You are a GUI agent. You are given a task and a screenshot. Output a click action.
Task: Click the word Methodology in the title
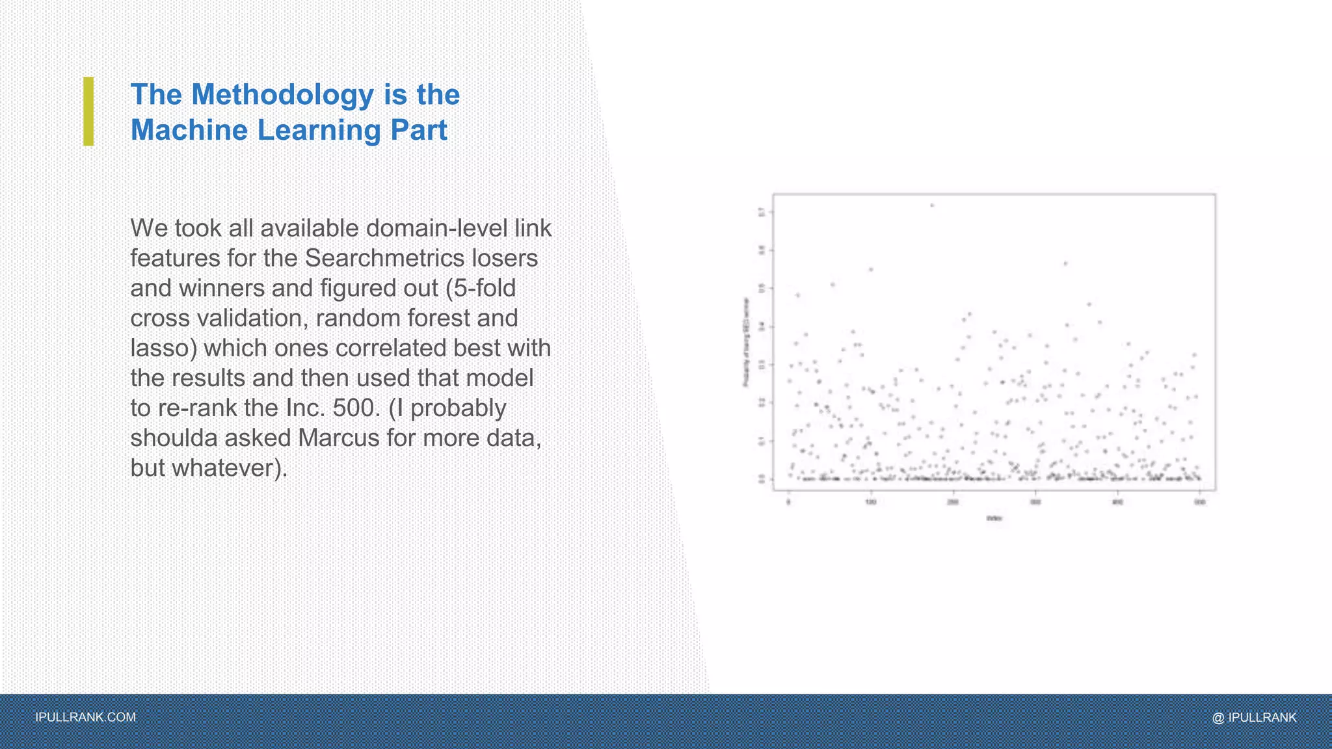(282, 95)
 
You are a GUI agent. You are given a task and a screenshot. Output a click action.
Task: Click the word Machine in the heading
(189, 130)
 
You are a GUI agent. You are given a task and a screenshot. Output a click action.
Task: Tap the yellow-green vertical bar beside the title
(88, 111)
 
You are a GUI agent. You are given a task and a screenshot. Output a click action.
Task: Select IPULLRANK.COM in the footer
(85, 717)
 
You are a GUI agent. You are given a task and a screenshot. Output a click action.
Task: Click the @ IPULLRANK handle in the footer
(1254, 717)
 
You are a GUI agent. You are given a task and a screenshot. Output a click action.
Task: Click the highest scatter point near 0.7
(932, 205)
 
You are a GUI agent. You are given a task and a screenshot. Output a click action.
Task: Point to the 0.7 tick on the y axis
(762, 212)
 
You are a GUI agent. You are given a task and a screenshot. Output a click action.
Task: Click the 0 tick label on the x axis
(789, 502)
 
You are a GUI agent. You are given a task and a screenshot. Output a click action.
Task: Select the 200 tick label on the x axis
(953, 502)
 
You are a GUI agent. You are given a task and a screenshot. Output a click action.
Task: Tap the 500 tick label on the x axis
(1200, 502)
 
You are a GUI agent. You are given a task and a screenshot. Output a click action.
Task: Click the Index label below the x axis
(994, 518)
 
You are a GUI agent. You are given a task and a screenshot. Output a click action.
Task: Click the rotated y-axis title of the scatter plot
(746, 343)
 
